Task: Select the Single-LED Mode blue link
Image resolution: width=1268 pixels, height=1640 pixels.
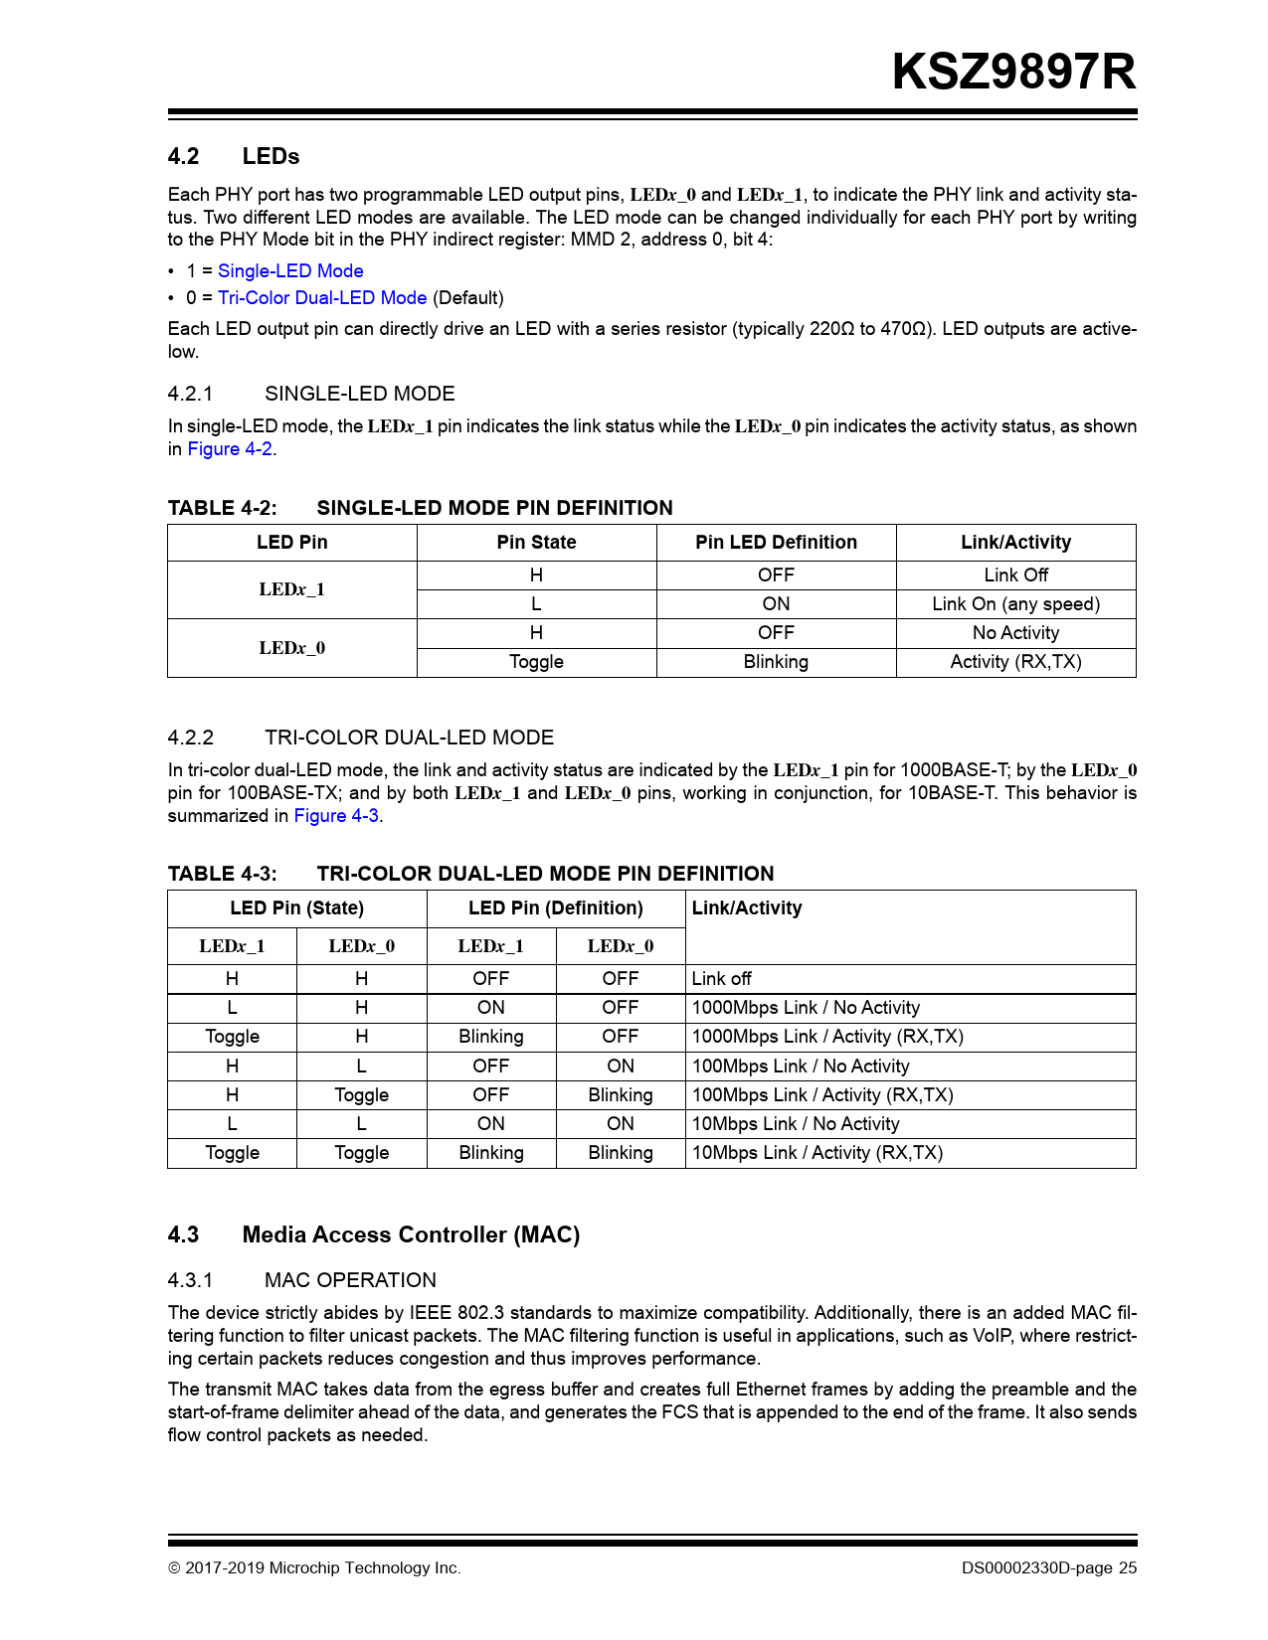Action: point(290,271)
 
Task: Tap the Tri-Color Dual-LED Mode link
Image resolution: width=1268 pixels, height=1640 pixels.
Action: point(322,298)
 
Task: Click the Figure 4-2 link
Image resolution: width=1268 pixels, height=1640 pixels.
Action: point(230,449)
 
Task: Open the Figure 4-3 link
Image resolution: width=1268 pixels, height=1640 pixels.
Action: point(336,816)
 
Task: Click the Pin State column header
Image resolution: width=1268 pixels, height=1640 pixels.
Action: point(536,543)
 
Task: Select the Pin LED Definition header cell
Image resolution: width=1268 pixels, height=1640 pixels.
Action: point(776,543)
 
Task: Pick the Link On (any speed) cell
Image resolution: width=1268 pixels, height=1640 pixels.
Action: point(1015,604)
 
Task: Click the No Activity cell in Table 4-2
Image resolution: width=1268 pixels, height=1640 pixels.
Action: point(1015,633)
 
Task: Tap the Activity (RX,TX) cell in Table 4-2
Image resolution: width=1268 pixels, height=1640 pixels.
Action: point(1015,662)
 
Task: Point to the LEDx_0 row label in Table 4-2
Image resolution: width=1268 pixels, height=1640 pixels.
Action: point(291,648)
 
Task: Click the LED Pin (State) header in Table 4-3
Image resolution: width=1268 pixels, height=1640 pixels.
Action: point(296,908)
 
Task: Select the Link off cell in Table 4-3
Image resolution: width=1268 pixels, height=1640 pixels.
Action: point(721,979)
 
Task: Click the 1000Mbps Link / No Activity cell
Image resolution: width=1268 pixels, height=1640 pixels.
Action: point(806,1008)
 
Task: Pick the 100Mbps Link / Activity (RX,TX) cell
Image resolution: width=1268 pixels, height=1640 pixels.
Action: point(822,1095)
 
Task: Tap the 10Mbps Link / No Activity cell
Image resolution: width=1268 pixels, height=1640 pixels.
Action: point(796,1124)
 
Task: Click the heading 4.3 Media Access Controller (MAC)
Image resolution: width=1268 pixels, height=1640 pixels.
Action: point(410,1235)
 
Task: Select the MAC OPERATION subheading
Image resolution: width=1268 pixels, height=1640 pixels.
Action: point(350,1281)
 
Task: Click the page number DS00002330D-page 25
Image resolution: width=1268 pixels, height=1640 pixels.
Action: point(1048,1568)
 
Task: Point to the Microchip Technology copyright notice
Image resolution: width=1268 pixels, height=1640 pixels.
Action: point(314,1568)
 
